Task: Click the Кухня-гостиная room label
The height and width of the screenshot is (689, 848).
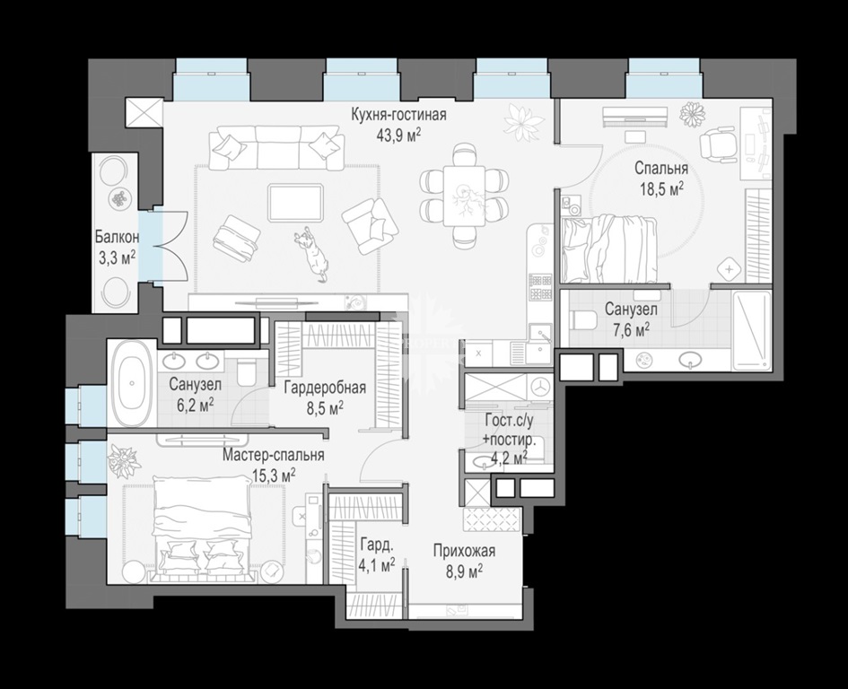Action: (x=398, y=115)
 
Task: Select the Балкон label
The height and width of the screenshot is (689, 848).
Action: (x=118, y=237)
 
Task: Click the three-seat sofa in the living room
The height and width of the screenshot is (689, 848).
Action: (x=276, y=149)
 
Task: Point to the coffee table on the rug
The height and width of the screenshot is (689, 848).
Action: (x=296, y=203)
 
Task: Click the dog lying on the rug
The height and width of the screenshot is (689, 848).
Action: (x=312, y=253)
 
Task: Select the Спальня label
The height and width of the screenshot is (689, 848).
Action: (x=661, y=168)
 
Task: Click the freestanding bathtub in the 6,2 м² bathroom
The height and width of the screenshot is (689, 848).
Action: (x=133, y=382)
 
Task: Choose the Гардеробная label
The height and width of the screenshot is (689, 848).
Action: (x=325, y=388)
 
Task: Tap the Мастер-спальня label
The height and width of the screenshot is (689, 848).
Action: (x=274, y=455)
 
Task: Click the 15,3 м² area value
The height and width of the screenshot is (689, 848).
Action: (x=274, y=475)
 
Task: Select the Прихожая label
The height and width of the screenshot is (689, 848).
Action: (x=464, y=551)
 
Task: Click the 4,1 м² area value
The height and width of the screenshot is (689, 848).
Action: (x=376, y=566)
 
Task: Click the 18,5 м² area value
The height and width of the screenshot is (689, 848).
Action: (x=661, y=188)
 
